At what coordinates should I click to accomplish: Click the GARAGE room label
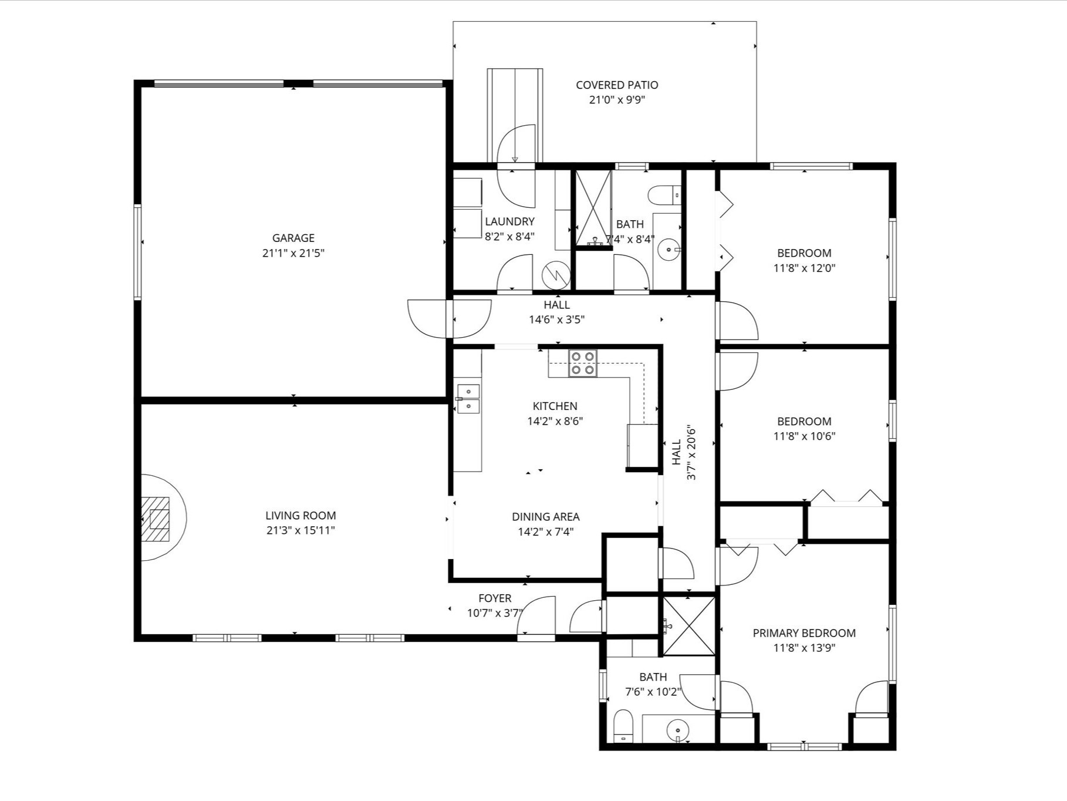click(293, 238)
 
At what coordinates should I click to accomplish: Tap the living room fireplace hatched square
click(156, 519)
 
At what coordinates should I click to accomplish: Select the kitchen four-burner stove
click(583, 363)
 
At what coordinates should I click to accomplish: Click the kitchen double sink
click(468, 399)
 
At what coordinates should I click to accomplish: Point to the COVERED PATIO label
click(617, 85)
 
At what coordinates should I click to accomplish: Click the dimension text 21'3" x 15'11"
click(300, 531)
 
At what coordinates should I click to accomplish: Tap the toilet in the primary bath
click(623, 726)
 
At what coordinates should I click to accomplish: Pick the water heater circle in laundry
click(555, 274)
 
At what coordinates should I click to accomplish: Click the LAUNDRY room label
click(509, 221)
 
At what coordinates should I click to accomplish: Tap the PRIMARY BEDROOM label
click(804, 633)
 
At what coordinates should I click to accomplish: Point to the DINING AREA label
click(545, 517)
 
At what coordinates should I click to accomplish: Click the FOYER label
click(495, 598)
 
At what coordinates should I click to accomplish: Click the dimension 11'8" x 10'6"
click(804, 436)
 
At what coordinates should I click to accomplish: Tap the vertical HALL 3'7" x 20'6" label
click(684, 452)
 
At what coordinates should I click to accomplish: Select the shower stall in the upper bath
click(593, 208)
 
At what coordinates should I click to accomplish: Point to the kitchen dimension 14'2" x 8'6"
click(555, 421)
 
